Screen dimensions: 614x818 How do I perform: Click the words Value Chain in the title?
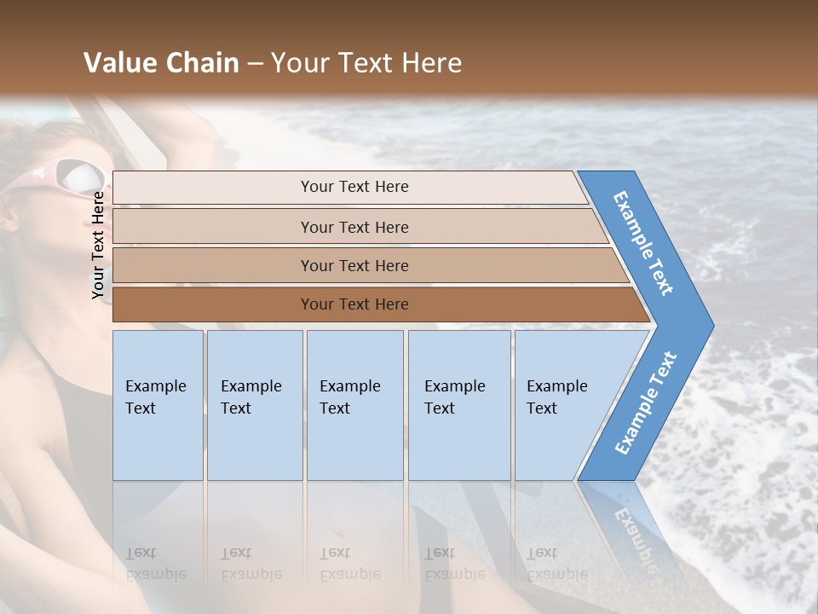pyautogui.click(x=161, y=63)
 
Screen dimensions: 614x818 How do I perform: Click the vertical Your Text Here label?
pyautogui.click(x=99, y=245)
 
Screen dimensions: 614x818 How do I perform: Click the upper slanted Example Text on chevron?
pyautogui.click(x=643, y=243)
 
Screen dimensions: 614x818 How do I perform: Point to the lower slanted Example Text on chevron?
pyautogui.click(x=646, y=403)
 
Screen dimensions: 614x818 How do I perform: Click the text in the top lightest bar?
pyautogui.click(x=354, y=187)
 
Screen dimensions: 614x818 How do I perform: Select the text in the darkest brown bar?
pyautogui.click(x=354, y=304)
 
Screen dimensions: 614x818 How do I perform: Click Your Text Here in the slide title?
pyautogui.click(x=366, y=63)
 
